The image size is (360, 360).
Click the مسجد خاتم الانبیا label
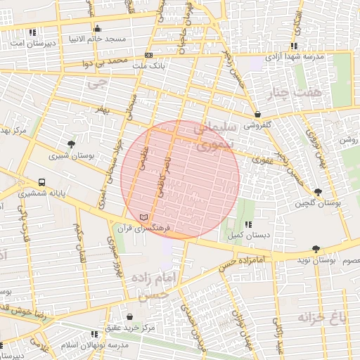point(96,39)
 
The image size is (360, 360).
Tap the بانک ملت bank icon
point(148,55)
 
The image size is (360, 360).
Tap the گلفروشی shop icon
point(257,114)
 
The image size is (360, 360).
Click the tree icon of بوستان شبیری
point(71,144)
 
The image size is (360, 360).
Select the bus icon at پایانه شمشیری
point(42,181)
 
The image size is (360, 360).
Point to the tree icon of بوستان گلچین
point(318,192)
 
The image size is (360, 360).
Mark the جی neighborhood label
point(96,83)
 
